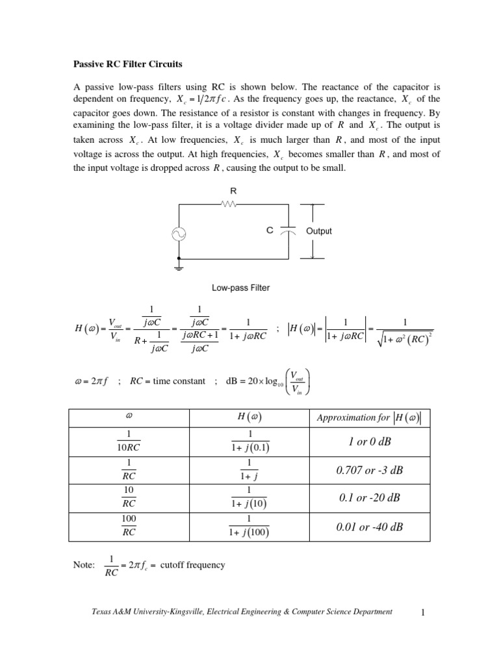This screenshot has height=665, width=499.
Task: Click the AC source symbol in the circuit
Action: pos(179,235)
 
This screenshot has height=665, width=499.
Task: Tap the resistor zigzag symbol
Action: pos(231,204)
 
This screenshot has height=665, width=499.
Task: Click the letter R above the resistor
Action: pos(233,191)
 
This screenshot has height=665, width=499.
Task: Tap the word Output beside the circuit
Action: pos(318,231)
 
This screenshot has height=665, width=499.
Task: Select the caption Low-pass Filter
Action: pos(240,288)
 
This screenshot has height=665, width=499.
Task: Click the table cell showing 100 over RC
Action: pos(129,527)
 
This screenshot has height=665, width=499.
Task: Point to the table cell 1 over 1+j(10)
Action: pos(249,498)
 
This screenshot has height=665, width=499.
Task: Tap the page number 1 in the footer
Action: pos(422,612)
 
